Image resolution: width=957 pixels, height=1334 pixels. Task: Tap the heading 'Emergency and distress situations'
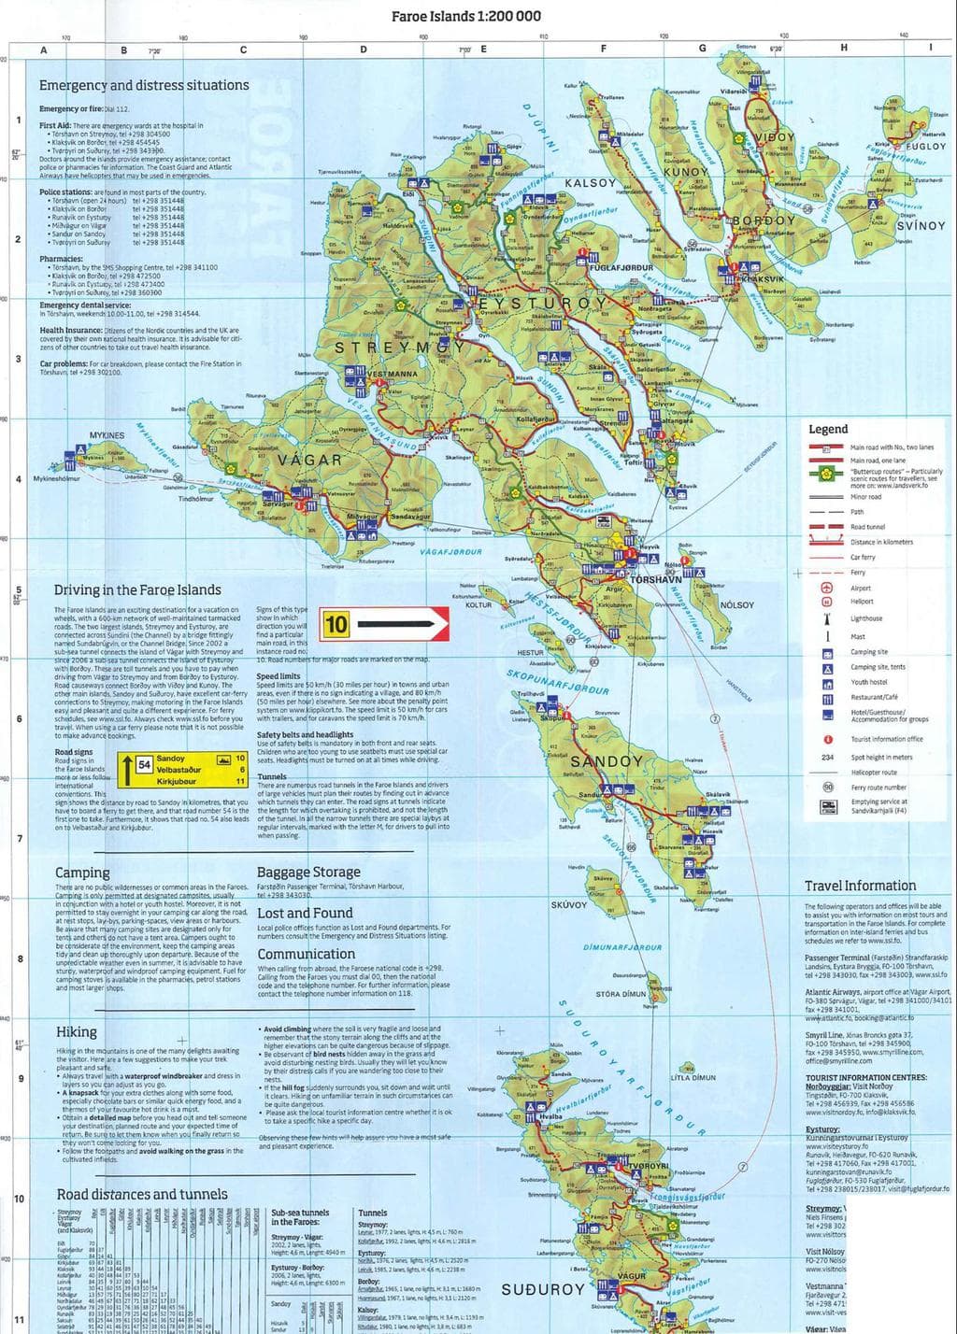(x=144, y=85)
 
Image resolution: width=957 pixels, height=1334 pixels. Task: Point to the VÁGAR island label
(x=309, y=461)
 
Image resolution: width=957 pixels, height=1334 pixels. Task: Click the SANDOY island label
(x=606, y=761)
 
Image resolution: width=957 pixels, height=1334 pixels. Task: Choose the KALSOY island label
(x=591, y=183)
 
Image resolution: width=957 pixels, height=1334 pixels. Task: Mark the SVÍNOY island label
(x=921, y=226)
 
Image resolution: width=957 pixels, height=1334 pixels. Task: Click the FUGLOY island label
(x=925, y=147)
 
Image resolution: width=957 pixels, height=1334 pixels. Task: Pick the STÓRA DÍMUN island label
(x=621, y=994)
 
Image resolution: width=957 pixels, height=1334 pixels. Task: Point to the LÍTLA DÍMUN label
(x=693, y=1077)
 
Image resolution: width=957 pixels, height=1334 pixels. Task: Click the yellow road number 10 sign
(x=336, y=622)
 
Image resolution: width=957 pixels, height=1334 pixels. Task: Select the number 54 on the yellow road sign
(x=144, y=764)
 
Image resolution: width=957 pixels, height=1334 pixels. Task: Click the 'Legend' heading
(x=827, y=429)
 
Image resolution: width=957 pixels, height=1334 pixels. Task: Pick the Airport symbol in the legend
(x=826, y=588)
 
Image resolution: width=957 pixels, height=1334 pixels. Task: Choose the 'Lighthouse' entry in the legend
(x=866, y=618)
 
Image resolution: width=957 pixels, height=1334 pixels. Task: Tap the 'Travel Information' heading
(x=860, y=886)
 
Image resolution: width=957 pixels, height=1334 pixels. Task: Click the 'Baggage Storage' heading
(x=307, y=873)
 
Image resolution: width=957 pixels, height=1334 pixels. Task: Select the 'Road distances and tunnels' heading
(x=142, y=1194)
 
